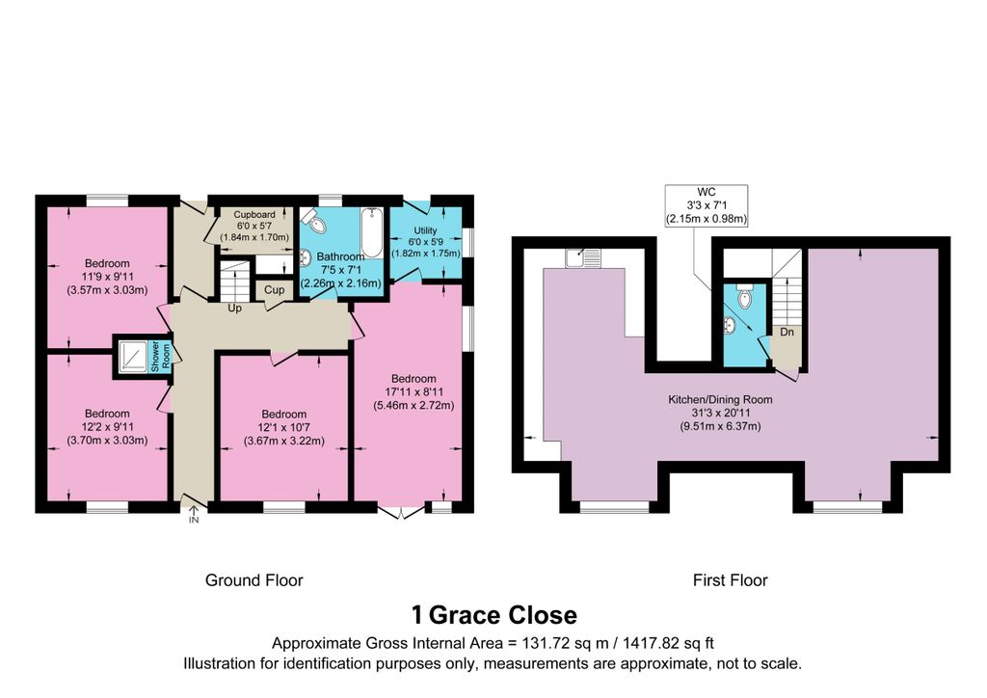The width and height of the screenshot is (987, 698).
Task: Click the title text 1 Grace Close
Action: pos(493,615)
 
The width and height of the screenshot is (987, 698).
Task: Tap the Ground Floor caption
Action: pos(253,580)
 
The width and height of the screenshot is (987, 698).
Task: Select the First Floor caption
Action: pos(730,580)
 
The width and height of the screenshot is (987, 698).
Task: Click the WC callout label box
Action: pos(707,205)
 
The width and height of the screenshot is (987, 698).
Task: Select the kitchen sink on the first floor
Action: pos(582,257)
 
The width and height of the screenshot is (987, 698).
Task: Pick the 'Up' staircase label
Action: pos(234,309)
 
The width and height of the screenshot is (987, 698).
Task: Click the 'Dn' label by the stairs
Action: pos(787,332)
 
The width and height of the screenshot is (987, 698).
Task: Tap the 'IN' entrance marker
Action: pos(193,521)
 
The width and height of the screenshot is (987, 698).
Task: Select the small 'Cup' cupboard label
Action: pos(274,290)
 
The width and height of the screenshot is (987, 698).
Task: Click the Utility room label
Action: pos(425,231)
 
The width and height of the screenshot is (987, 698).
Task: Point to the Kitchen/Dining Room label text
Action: pos(720,399)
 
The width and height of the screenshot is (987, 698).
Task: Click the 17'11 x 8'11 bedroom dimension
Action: pos(413,392)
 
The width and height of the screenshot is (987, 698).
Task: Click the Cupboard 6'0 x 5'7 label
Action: pos(254,215)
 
